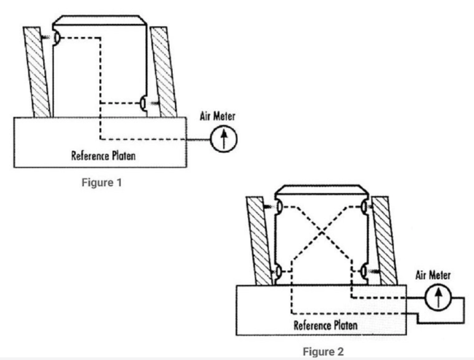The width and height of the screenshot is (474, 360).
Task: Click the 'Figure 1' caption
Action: [x=101, y=182]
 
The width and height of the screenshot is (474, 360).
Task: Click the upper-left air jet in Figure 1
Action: [x=56, y=37]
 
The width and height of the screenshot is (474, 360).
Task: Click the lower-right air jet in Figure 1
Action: [x=144, y=103]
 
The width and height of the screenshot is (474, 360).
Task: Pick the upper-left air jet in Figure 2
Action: [x=279, y=208]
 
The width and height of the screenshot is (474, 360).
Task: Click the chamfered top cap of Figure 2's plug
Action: [x=321, y=191]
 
